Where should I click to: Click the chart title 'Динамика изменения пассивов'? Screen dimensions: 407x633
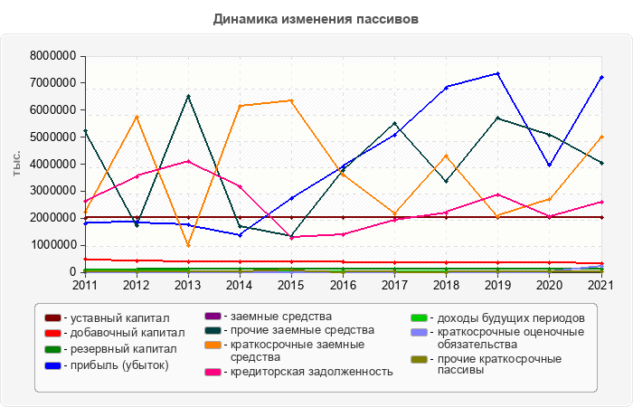click(316, 18)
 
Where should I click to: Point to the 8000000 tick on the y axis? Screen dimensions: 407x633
click(52, 56)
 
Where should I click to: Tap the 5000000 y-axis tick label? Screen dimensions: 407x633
click(52, 137)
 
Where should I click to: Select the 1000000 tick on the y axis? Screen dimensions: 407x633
click(52, 245)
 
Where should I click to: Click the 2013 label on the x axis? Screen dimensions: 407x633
click(188, 285)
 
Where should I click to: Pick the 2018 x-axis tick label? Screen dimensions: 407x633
click(446, 285)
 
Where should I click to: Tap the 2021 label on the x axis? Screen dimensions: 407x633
click(601, 285)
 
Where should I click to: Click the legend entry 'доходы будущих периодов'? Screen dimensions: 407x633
click(507, 318)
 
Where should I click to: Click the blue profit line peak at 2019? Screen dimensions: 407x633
click(498, 73)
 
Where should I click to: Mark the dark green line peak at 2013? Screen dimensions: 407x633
click(188, 96)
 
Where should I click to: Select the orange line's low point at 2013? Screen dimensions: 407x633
click(188, 245)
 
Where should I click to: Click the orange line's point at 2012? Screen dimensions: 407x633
click(137, 116)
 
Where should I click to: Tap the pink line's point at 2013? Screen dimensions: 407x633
click(188, 161)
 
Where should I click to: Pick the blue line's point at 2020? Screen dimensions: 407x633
click(550, 165)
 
